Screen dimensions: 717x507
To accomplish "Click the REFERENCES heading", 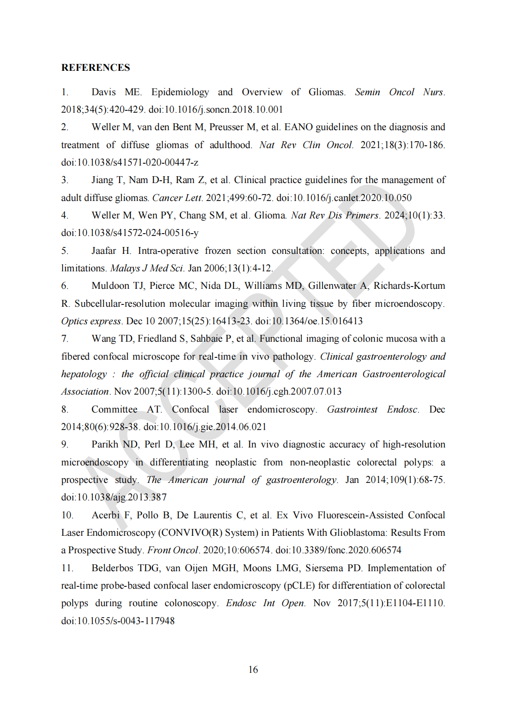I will [96, 68].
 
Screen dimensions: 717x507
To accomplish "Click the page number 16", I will [253, 670].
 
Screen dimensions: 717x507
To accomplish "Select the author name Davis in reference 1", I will [104, 92].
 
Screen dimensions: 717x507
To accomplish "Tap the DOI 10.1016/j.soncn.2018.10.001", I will [215, 109].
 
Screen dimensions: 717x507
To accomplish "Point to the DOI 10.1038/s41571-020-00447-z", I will [130, 162].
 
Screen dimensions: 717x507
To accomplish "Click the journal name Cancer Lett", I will [177, 198].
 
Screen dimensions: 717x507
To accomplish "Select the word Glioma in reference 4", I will [271, 215].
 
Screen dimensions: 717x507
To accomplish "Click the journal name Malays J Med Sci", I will [147, 268].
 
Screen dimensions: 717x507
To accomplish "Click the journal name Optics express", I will [91, 321].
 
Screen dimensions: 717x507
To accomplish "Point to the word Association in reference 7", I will [85, 391].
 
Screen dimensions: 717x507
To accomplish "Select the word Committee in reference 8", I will [114, 409].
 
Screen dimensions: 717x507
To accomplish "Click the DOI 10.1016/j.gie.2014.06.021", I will [205, 427].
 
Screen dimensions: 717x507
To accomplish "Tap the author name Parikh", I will [105, 444].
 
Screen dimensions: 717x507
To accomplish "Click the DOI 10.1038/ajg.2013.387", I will [114, 497].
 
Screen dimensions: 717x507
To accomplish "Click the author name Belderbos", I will [112, 568].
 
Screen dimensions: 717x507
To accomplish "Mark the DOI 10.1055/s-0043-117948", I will [118, 621].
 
